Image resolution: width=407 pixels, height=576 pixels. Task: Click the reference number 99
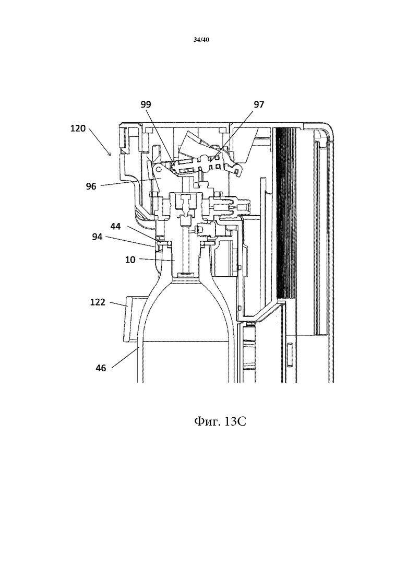(x=146, y=104)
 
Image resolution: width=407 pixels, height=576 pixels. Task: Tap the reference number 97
(x=259, y=104)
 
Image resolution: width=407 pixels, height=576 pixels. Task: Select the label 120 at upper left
(x=78, y=128)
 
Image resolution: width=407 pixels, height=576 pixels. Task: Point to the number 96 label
(x=91, y=186)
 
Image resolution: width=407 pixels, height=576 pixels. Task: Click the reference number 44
(x=116, y=227)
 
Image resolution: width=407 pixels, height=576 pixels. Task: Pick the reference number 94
(x=97, y=237)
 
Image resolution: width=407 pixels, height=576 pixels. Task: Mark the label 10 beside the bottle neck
(x=130, y=260)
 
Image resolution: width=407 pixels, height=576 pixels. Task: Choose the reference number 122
(x=98, y=302)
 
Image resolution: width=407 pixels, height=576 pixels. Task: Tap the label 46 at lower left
(x=101, y=368)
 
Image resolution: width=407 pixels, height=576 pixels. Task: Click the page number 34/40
(x=201, y=40)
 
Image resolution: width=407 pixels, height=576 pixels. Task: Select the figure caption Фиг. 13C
(x=220, y=421)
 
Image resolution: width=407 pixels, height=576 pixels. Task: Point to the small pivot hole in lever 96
(x=159, y=169)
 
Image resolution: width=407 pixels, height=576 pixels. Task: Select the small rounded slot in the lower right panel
(x=290, y=355)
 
